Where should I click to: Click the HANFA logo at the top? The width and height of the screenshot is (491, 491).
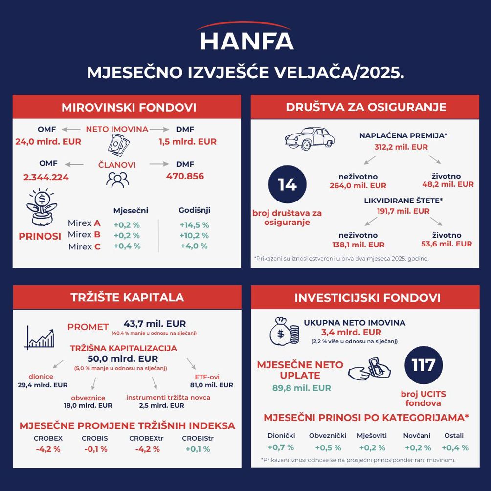pos(245,38)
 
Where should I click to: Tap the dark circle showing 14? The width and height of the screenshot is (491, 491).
pos(288,185)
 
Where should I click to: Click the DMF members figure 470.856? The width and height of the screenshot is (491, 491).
pos(185,176)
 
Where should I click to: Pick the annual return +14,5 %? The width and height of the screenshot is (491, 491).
pos(195,225)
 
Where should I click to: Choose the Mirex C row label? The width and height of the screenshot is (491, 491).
pos(84,246)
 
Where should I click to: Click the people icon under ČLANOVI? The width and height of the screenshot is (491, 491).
pos(117,180)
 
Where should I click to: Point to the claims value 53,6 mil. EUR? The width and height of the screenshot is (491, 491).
pos(446,244)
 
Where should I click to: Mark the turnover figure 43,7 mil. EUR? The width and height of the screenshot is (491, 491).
pos(155,324)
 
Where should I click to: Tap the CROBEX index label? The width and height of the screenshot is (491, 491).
pos(47,438)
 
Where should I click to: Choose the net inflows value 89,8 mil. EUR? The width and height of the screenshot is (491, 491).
pos(301,388)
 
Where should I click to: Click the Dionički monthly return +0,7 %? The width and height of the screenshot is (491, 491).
pos(281,447)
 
